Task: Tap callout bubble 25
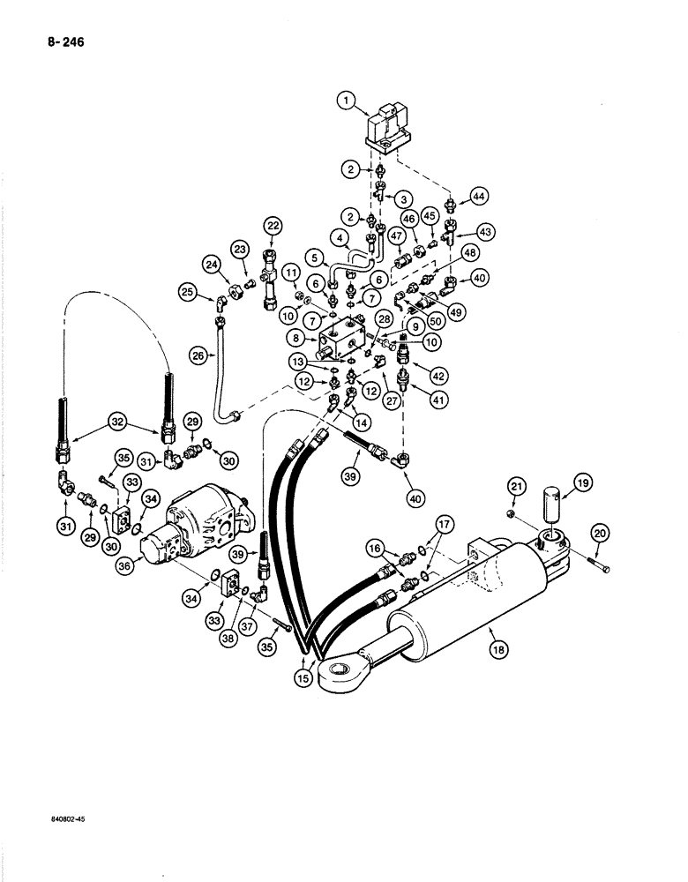pos(188,291)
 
